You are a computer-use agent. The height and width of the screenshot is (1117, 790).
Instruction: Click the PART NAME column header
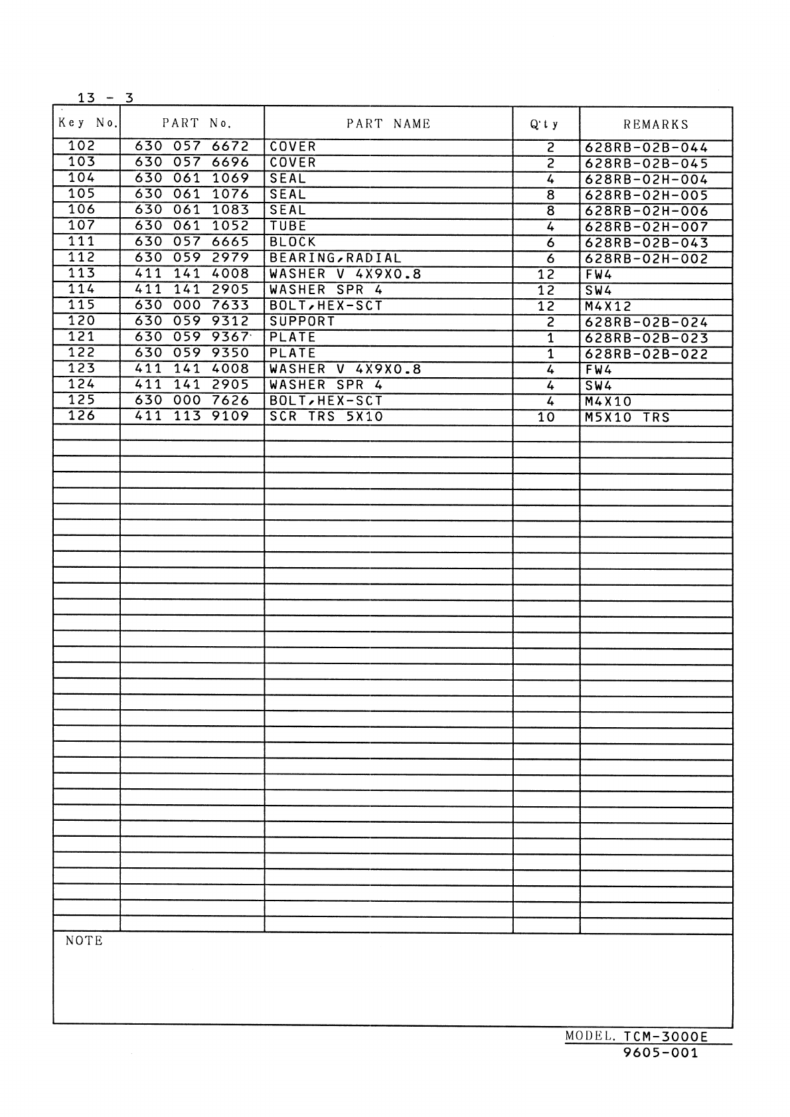coord(388,124)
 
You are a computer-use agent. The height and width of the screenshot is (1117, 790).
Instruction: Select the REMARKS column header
coord(656,124)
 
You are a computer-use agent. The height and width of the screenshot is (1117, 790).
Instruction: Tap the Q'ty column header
coord(545,124)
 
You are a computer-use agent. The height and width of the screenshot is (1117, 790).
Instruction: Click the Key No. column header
coord(87,123)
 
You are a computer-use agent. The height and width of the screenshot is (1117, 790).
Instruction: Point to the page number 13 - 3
coord(105,98)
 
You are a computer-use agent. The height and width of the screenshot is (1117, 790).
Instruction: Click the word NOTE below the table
coord(84,940)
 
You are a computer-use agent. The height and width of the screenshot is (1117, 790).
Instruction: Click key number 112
coord(82,257)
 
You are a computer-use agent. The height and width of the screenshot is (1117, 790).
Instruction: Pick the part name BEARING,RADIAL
coord(335,258)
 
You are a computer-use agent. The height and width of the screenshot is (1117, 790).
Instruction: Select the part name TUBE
coord(288,226)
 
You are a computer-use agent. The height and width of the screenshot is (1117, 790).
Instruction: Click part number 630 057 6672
coord(192,146)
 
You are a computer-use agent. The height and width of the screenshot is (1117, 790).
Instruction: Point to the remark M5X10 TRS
coord(627,418)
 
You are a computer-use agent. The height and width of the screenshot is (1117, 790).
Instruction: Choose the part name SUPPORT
coord(302,321)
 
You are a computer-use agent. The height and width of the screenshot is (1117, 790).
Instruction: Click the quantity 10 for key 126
coord(546,418)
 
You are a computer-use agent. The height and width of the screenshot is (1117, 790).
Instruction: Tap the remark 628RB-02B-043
coord(647,243)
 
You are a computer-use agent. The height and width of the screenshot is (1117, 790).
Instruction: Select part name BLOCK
coord(293,242)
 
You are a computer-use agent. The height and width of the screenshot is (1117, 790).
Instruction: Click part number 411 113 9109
coord(192,416)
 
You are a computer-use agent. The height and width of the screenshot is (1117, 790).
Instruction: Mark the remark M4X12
coord(608,307)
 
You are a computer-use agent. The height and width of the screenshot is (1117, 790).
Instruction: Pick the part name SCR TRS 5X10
coord(326,417)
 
